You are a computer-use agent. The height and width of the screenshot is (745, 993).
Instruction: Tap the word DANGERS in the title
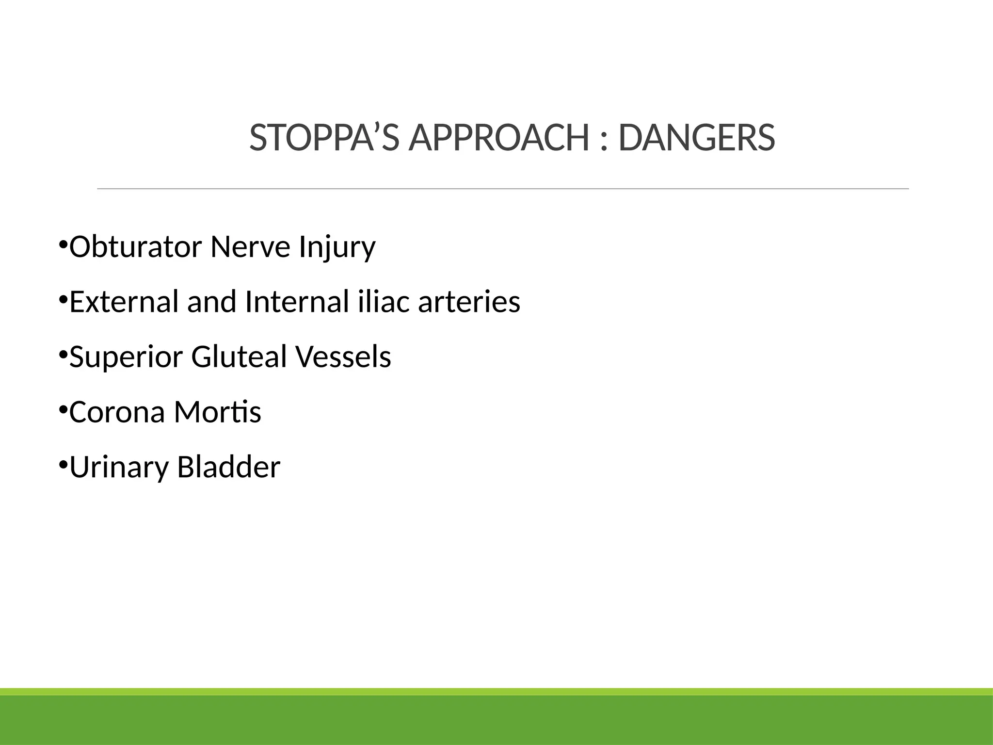(697, 138)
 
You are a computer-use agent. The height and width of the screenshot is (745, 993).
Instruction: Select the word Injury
(337, 247)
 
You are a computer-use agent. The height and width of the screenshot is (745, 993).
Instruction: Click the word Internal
(297, 302)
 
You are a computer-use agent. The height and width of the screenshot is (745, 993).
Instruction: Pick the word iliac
(384, 302)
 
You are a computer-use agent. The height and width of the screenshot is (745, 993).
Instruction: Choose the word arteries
(469, 302)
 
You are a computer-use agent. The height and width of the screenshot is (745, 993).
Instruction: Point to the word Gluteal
(239, 357)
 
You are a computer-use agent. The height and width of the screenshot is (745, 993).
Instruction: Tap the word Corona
(117, 412)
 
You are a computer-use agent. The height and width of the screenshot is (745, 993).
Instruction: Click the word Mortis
(218, 412)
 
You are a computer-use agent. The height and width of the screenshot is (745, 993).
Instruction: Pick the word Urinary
(119, 468)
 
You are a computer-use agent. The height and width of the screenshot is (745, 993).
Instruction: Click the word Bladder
(228, 467)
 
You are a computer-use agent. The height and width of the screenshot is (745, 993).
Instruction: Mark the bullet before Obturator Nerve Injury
(63, 244)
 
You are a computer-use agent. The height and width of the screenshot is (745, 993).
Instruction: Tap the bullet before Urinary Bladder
(63, 465)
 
